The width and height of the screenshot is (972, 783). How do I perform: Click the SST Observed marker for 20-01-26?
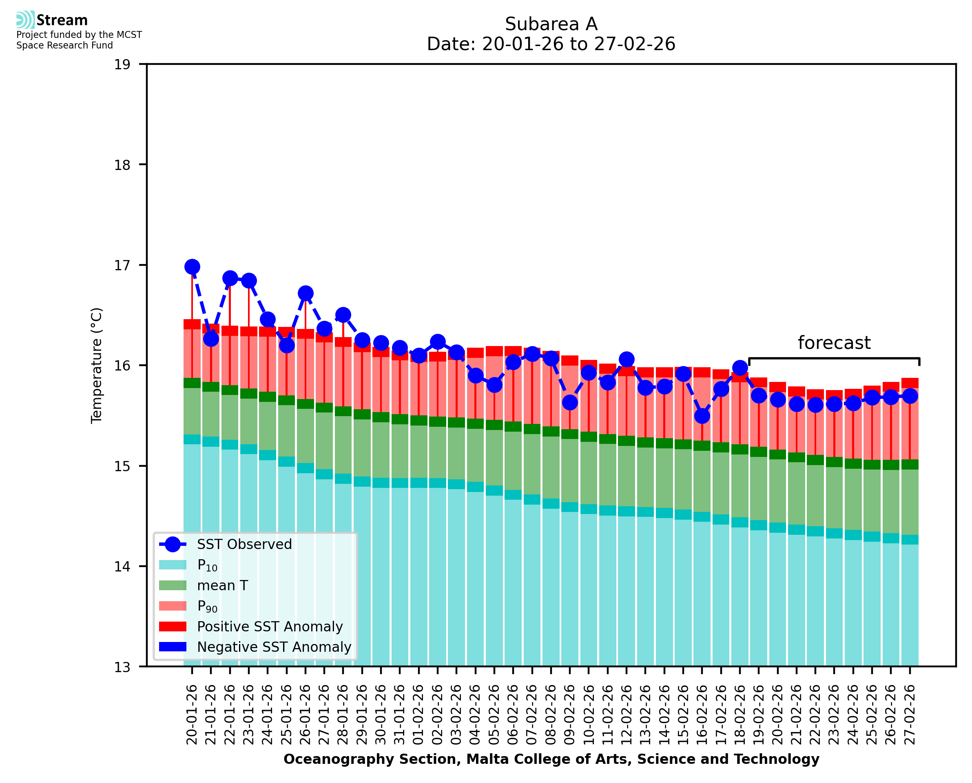192,267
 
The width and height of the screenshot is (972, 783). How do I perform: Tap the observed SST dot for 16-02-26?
702,416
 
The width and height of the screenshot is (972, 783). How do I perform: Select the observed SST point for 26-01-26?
306,293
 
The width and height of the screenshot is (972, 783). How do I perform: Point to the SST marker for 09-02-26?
569,402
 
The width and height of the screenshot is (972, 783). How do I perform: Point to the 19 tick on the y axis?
122,64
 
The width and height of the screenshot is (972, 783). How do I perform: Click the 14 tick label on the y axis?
122,567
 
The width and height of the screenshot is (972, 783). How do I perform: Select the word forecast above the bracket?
834,343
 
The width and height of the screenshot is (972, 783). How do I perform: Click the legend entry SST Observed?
244,545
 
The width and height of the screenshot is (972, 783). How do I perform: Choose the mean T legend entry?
222,585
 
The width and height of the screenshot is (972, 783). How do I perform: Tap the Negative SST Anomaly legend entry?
274,647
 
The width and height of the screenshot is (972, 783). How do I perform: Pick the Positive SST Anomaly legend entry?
270,626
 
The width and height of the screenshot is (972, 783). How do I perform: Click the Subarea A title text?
551,24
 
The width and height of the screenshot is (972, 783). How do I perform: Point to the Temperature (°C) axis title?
97,365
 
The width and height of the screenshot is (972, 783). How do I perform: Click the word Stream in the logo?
62,20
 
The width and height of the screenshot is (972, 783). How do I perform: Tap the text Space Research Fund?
64,45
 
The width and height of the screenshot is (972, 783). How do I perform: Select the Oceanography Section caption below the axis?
551,759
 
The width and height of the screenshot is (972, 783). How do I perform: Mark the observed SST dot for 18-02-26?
740,368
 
